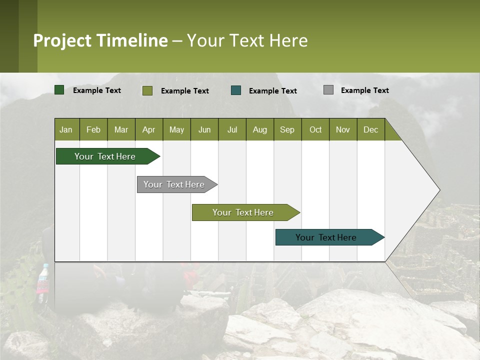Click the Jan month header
point(66,129)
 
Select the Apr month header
point(148,129)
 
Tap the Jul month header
point(232,129)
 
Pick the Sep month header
point(287,129)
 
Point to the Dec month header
point(370,129)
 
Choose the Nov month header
point(342,129)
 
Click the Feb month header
point(93,129)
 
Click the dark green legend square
point(59,90)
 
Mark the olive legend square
point(147,90)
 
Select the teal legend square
point(236,90)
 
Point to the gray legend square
point(328,90)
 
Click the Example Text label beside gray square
point(364,90)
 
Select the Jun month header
point(204,129)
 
